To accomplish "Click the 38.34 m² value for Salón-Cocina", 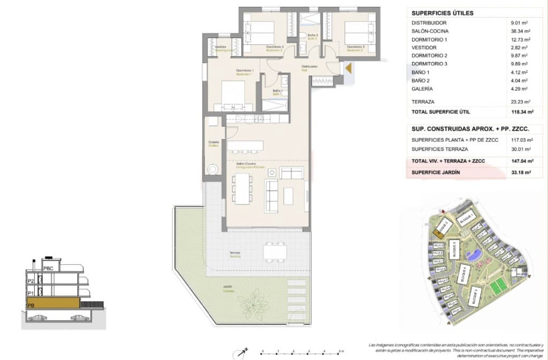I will pos(520,32).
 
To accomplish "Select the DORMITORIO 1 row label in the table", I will pos(429,40).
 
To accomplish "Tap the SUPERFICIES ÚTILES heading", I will pos(443,13).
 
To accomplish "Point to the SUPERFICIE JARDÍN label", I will pos(437,172).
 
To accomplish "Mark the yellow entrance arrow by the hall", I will pos(348,68).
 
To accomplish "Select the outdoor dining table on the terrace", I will pos(275,251).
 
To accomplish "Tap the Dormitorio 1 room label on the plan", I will pos(245,71).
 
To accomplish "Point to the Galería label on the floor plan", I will pos(214,143).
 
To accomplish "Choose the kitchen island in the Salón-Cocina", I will pos(245,145).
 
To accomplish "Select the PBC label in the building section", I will pos(48,268).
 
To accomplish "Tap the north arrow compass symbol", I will pos(239,352).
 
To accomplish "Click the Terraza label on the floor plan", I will pos(234,254).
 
